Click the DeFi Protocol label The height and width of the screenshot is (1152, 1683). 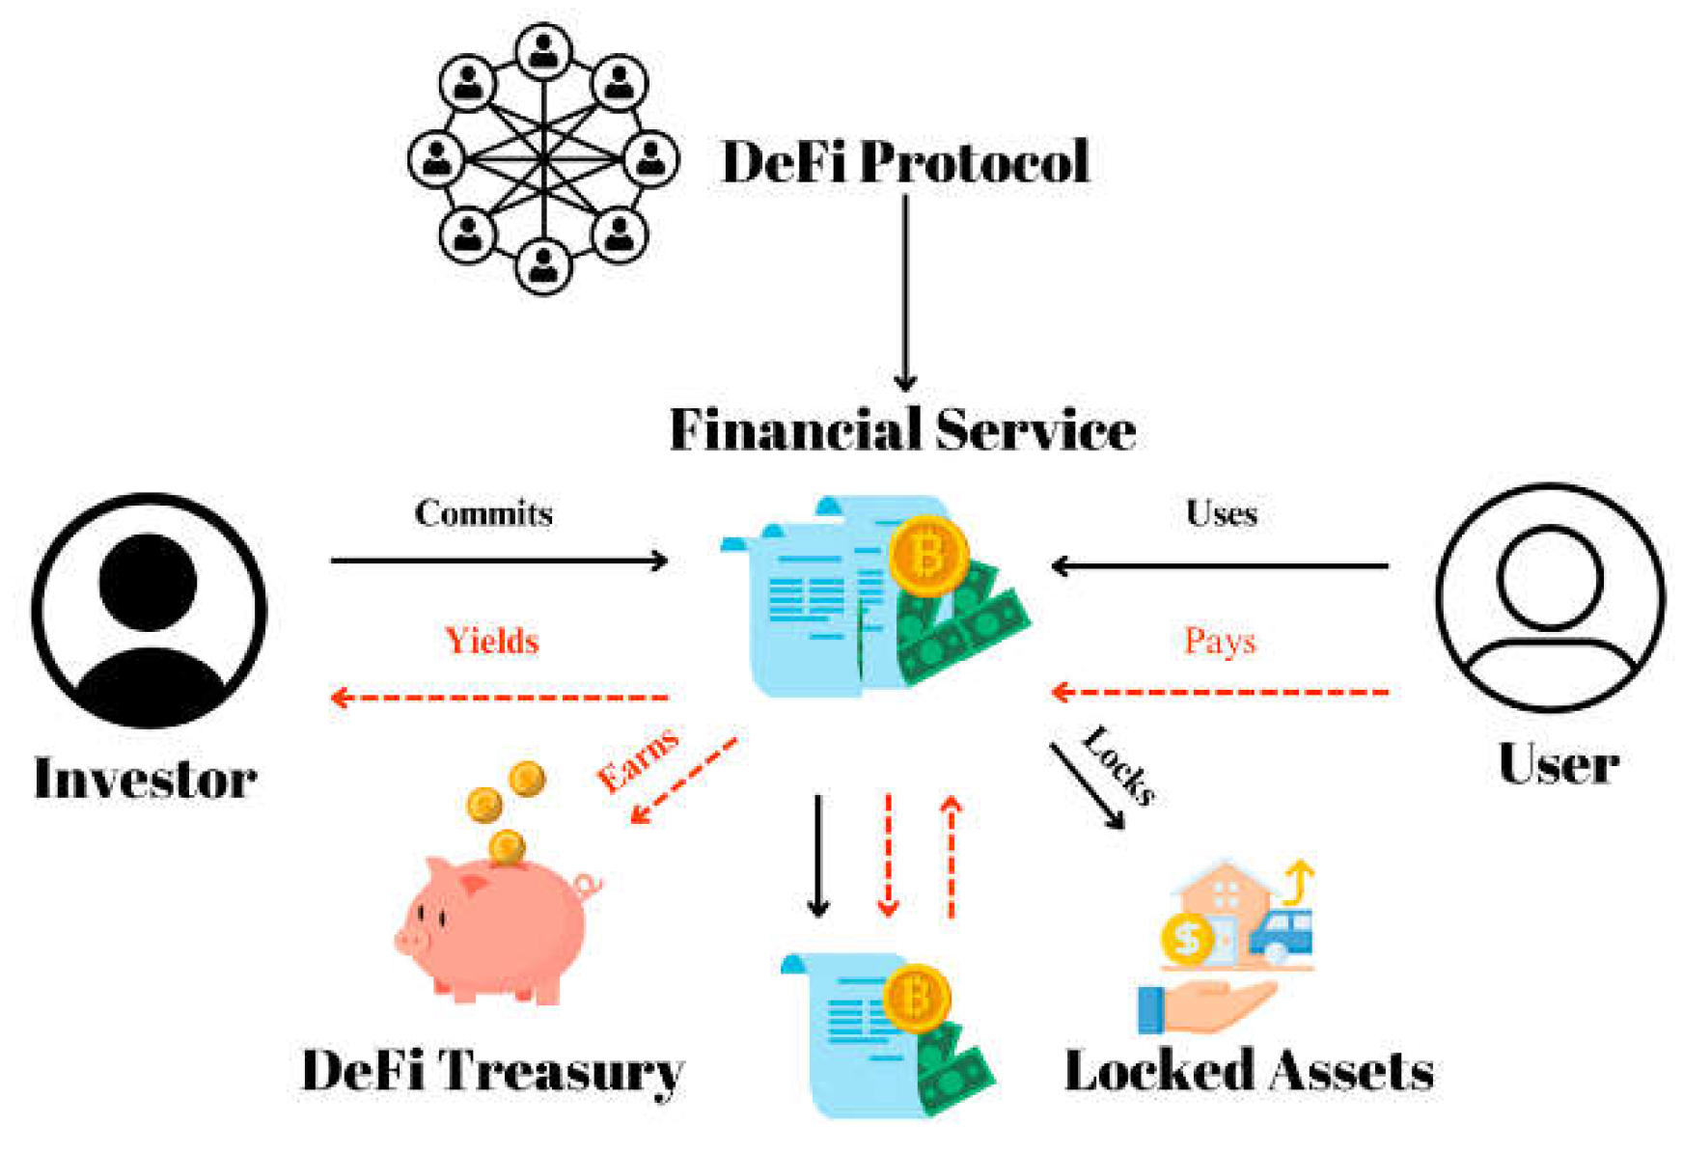905,161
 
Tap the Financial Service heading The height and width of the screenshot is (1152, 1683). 902,429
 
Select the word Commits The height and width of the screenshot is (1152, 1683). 483,513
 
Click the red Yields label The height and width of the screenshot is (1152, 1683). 491,641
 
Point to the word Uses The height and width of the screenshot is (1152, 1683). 1221,513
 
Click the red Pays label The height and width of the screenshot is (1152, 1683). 1220,641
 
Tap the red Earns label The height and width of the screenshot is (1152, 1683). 638,760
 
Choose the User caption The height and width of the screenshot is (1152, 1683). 1558,765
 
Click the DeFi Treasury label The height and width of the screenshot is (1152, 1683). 492,1071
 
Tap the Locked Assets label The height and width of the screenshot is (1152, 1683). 1249,1071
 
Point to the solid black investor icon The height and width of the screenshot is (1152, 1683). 149,610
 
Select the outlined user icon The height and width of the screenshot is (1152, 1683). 1550,598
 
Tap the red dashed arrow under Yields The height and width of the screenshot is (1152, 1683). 499,697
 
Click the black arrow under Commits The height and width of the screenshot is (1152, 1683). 499,561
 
